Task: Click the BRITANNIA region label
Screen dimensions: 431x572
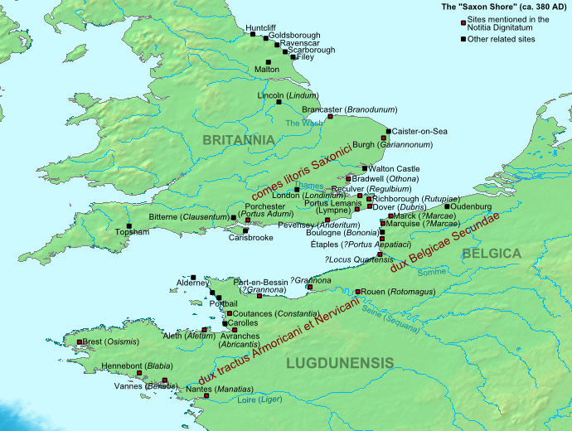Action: pyautogui.click(x=238, y=140)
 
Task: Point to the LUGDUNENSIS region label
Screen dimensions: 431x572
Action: pyautogui.click(x=340, y=362)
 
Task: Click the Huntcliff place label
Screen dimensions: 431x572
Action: pyautogui.click(x=264, y=27)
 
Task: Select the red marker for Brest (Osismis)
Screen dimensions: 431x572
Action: pyautogui.click(x=80, y=341)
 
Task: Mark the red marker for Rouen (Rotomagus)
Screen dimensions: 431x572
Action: pyautogui.click(x=357, y=292)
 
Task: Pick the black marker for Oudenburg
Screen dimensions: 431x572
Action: pyautogui.click(x=447, y=206)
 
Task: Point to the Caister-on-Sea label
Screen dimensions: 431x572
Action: pyautogui.click(x=419, y=131)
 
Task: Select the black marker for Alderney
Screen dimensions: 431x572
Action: pyautogui.click(x=192, y=277)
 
